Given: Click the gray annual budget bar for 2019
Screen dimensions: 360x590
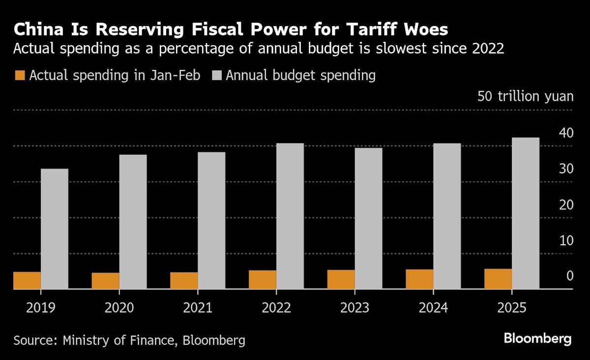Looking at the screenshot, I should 55,229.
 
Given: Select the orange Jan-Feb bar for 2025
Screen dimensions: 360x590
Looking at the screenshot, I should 498,279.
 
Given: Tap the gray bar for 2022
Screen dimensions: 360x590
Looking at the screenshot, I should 290,216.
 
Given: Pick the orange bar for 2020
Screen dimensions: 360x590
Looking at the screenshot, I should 105,281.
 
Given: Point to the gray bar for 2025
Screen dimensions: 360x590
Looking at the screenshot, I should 526,213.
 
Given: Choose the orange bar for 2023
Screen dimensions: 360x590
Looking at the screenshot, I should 341,279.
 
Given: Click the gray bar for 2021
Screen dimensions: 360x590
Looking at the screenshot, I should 211,220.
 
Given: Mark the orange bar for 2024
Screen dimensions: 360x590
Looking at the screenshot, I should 419,279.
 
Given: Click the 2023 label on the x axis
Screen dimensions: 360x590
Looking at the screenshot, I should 354,308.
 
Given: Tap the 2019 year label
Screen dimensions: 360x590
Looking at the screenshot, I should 41,308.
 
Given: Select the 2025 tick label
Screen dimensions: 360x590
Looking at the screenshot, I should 512,308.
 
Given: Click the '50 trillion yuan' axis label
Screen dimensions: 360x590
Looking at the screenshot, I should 525,96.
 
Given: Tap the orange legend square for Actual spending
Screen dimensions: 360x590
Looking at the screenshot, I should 20,76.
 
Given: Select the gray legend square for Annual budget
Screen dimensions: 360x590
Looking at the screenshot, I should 217,76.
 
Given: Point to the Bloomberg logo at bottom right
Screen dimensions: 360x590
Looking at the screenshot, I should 537,338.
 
